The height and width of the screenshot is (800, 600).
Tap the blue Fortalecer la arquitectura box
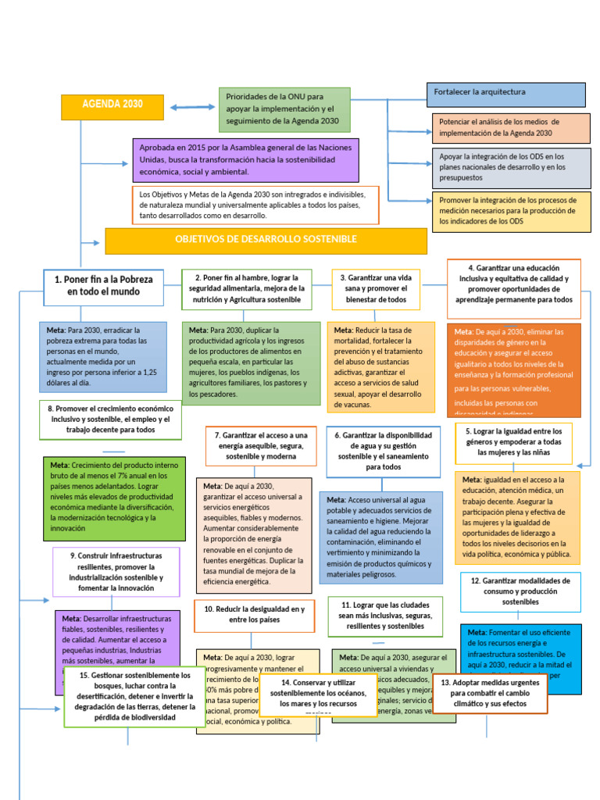pos(505,95)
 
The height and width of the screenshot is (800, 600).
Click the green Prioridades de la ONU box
pos(284,109)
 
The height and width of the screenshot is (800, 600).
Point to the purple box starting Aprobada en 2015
pos(245,159)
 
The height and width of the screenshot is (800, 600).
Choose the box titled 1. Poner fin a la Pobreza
pos(103,285)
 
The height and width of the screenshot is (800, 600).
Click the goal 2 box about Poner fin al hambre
pos(246,288)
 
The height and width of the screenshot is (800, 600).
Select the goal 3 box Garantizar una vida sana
pos(375,288)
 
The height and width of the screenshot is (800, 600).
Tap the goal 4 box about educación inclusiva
pos(514,283)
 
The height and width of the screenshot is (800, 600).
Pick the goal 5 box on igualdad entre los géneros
pos(513,442)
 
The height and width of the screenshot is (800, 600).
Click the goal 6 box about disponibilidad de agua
pos(384,451)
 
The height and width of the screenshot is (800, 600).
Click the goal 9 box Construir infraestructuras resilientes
pos(116,572)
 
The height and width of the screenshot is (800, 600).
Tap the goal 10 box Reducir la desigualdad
pos(254,615)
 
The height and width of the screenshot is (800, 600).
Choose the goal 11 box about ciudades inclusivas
pos(385,616)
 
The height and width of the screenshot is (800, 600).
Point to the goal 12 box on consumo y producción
pos(520,591)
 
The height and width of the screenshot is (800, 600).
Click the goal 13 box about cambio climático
pos(489,693)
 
